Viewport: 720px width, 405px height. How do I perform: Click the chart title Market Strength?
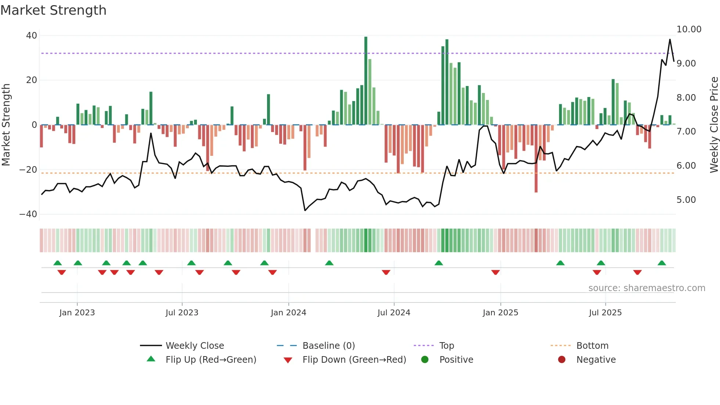[x=53, y=10]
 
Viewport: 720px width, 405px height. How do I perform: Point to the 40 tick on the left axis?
[x=32, y=36]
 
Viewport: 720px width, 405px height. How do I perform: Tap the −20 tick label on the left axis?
[x=28, y=170]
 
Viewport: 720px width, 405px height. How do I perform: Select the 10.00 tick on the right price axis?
[x=689, y=29]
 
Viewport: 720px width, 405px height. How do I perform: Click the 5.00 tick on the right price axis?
[x=686, y=200]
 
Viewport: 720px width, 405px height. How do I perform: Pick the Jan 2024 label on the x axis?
[x=288, y=313]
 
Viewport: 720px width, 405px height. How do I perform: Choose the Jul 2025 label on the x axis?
[x=605, y=313]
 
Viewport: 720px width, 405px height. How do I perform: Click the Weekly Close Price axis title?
[x=714, y=125]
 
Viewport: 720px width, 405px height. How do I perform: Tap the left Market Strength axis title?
[x=6, y=125]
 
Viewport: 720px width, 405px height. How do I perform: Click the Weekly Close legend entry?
[x=194, y=346]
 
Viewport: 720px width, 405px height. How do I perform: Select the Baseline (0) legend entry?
[x=328, y=346]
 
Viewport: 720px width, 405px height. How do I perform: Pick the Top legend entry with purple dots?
[x=446, y=346]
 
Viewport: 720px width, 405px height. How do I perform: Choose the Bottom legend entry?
[x=592, y=346]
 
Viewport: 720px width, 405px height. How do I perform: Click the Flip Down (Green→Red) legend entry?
[x=354, y=360]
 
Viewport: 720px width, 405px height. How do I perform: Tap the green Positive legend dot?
[x=425, y=360]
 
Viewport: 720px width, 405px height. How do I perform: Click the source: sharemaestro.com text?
[x=647, y=288]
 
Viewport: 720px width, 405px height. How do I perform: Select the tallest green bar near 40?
[x=366, y=81]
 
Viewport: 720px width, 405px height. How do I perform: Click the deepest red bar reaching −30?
[x=536, y=158]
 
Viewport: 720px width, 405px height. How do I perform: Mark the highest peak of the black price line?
[x=670, y=40]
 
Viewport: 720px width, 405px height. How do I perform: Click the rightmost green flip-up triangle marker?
[x=662, y=263]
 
